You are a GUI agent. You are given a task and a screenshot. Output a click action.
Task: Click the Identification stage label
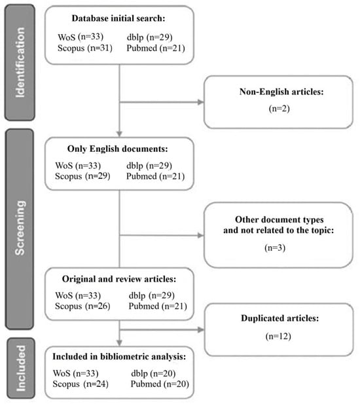[x=20, y=62]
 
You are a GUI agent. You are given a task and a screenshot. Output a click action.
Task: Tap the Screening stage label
[x=20, y=228]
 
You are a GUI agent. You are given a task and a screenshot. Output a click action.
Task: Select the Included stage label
[x=20, y=368]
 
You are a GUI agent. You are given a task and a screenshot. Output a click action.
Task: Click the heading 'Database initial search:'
[x=118, y=18]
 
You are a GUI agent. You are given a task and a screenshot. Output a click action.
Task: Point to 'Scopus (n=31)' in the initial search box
[x=85, y=48]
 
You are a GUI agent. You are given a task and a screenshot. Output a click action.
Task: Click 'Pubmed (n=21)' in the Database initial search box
[x=156, y=48]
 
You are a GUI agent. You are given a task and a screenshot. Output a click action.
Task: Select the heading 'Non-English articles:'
[x=281, y=92]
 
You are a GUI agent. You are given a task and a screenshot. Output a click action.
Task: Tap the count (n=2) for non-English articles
[x=279, y=109]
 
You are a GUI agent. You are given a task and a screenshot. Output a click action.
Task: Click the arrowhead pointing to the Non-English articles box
[x=200, y=102]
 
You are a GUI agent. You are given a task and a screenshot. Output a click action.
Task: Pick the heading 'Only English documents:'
[x=117, y=149]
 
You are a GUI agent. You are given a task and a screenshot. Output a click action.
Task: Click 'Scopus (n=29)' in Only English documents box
[x=82, y=176]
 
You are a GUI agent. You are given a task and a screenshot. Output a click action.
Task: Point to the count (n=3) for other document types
[x=275, y=248]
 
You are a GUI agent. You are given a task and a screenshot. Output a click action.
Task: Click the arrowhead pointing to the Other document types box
[x=200, y=235]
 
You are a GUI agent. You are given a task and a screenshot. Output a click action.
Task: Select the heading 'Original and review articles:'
[x=119, y=279]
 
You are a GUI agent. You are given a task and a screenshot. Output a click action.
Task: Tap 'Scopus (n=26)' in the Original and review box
[x=82, y=306]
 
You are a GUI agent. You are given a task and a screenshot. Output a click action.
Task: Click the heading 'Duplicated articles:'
[x=280, y=318]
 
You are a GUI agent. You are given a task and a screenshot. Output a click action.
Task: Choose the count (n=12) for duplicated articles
[x=278, y=337]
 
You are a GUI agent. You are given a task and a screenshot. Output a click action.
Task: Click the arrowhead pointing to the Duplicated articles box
[x=200, y=329]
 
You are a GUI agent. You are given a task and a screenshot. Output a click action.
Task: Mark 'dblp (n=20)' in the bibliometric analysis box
[x=153, y=373]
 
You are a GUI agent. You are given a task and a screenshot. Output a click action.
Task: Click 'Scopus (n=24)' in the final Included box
[x=81, y=384]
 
